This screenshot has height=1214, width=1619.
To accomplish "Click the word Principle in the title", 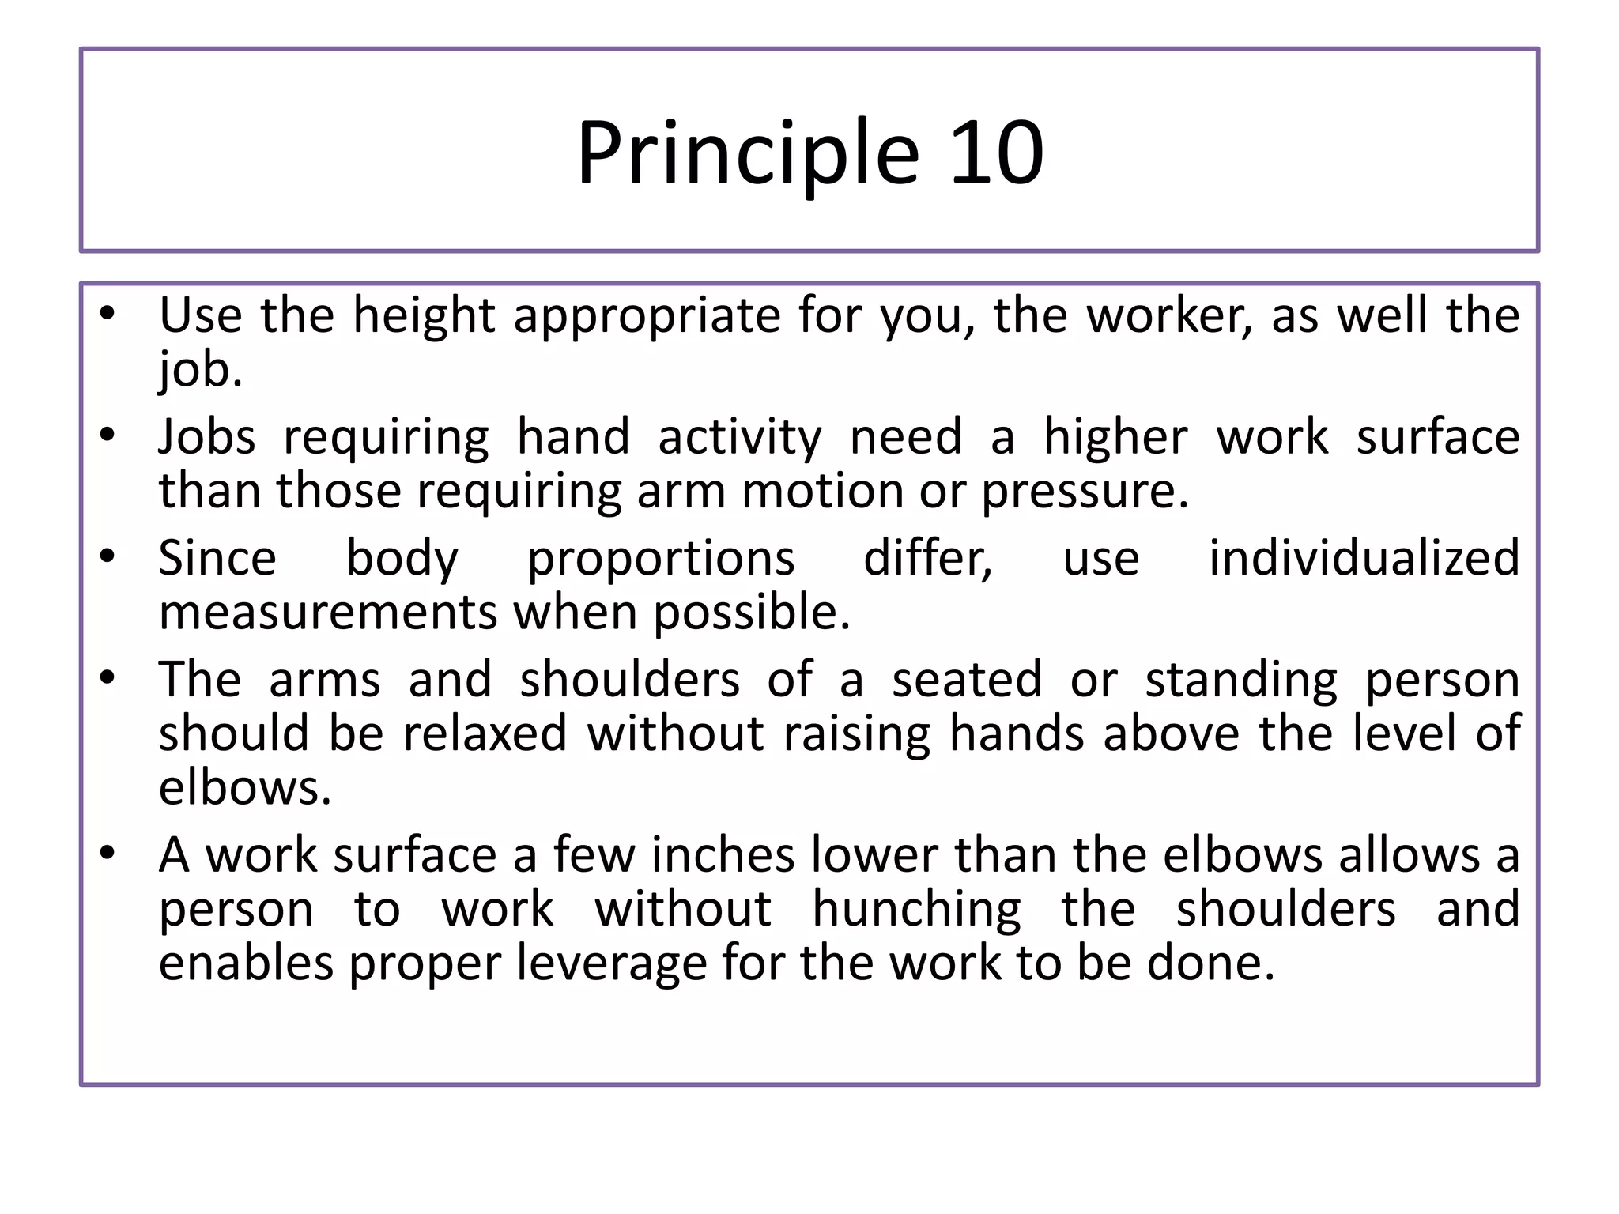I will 748,153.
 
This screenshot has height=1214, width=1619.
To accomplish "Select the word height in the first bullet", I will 424,316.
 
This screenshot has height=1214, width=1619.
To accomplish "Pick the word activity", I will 740,438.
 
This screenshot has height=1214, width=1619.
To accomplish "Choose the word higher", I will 1115,436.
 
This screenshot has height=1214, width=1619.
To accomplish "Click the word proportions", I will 661,560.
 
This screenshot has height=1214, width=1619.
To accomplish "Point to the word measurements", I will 327,613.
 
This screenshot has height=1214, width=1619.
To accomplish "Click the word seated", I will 967,680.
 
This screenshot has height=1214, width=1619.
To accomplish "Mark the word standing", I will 1241,681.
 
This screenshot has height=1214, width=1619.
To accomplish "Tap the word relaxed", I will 485,733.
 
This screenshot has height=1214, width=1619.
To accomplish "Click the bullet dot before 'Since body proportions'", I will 108,556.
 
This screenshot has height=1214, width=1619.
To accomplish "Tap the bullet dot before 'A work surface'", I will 108,854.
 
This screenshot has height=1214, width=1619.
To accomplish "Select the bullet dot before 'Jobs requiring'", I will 108,435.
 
